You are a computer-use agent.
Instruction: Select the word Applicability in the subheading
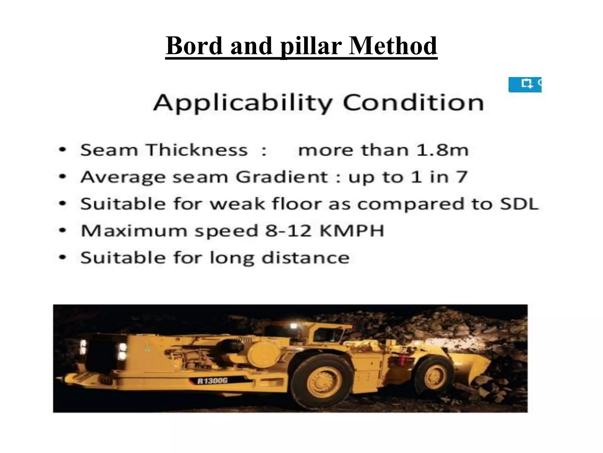click(243, 103)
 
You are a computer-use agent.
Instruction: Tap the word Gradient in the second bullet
click(282, 177)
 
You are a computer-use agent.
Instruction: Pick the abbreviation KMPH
click(352, 231)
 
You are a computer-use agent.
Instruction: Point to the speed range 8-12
click(288, 231)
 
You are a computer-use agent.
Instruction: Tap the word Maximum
click(134, 231)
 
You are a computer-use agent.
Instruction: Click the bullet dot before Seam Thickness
click(62, 150)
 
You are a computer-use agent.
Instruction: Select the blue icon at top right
click(525, 85)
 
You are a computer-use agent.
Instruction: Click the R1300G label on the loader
click(213, 381)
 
